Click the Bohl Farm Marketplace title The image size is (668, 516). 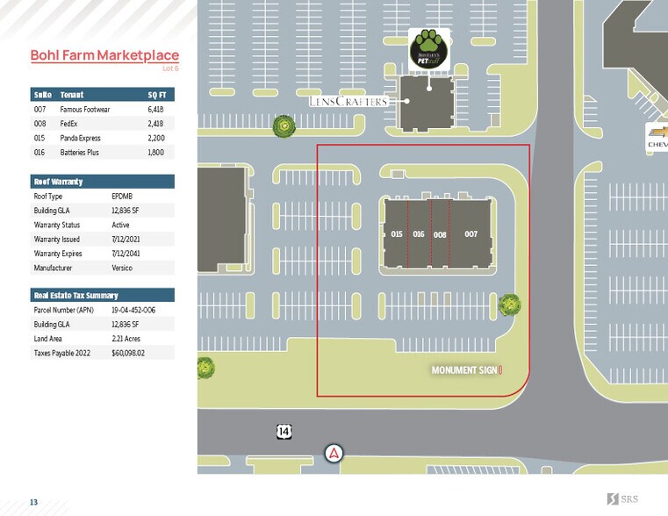pyautogui.click(x=104, y=55)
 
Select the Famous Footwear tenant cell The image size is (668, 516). pyautogui.click(x=84, y=109)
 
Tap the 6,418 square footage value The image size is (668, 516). pyautogui.click(x=154, y=109)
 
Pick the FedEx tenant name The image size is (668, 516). pyautogui.click(x=69, y=124)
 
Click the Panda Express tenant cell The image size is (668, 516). pyautogui.click(x=80, y=138)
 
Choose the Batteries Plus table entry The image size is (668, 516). pyautogui.click(x=80, y=153)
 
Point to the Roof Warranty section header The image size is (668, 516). pyautogui.click(x=52, y=182)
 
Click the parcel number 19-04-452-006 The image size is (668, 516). pyautogui.click(x=133, y=310)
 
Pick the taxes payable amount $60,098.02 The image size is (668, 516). pyautogui.click(x=128, y=353)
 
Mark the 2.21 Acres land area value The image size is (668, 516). pyautogui.click(x=126, y=339)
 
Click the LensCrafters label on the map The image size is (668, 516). pyautogui.click(x=348, y=102)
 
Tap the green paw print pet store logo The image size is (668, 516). pyautogui.click(x=428, y=47)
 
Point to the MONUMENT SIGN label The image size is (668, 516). pyautogui.click(x=465, y=370)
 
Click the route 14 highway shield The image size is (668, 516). pyautogui.click(x=284, y=431)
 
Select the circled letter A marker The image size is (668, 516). pyautogui.click(x=334, y=453)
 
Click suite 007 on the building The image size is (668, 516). pyautogui.click(x=470, y=234)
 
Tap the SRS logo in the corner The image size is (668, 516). pyautogui.click(x=624, y=499)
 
